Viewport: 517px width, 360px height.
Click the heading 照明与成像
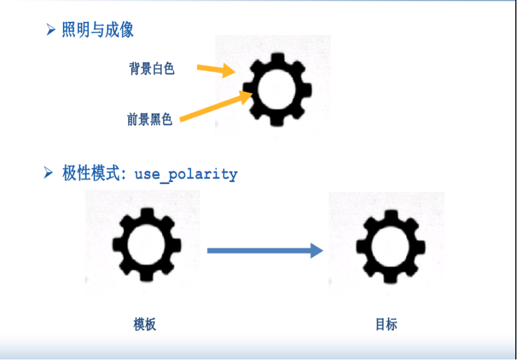(x=97, y=30)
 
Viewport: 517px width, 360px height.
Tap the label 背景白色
(x=152, y=69)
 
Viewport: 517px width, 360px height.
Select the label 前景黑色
(x=150, y=120)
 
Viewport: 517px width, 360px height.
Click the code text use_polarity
(x=186, y=174)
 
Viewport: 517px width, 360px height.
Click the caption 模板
(x=145, y=324)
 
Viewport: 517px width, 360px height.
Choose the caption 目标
(x=386, y=324)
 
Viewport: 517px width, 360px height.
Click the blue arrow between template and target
(x=261, y=250)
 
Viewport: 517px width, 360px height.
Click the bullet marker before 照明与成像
(x=51, y=29)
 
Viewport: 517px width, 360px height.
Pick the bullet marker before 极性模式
(x=49, y=173)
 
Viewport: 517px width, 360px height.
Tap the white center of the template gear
(x=146, y=244)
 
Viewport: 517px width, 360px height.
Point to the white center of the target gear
(x=390, y=244)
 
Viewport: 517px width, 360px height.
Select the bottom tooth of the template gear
(x=146, y=276)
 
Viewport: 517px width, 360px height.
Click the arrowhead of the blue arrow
(x=316, y=250)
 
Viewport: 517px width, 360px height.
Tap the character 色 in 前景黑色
(x=167, y=120)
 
